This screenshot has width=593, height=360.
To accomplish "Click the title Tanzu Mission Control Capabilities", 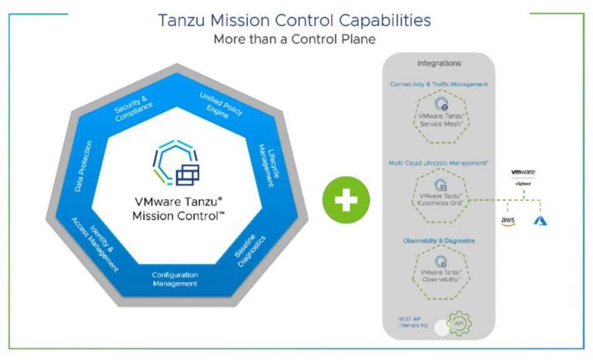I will (296, 20).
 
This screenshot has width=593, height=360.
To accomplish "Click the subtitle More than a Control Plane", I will (295, 39).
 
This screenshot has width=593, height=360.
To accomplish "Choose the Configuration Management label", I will (175, 279).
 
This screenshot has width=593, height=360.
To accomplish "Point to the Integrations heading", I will (439, 63).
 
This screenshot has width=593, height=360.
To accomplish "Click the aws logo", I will (507, 222).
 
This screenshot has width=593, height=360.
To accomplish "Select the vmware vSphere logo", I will (524, 177).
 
